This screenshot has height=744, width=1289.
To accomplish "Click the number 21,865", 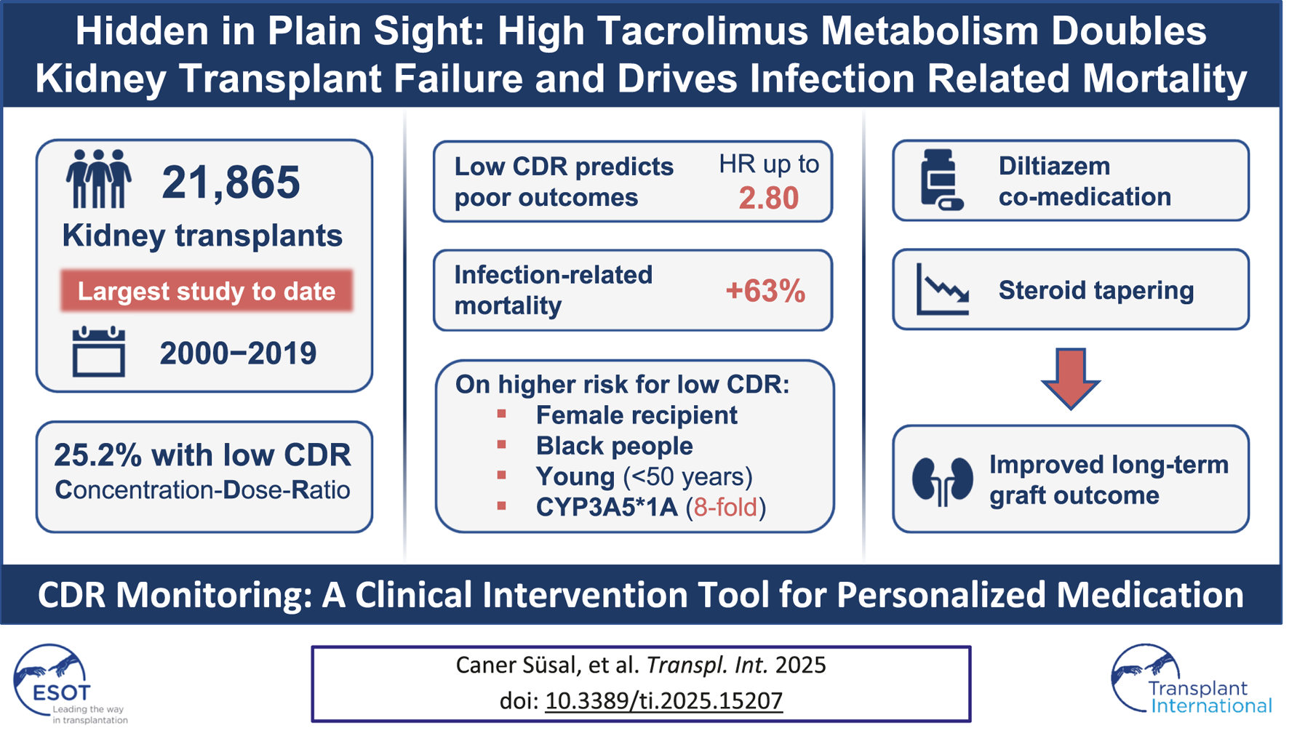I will (x=231, y=182).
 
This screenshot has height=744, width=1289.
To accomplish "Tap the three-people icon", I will (x=99, y=179).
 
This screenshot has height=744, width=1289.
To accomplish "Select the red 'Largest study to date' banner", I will (x=207, y=291).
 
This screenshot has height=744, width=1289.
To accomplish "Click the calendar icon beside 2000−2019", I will (x=99, y=352).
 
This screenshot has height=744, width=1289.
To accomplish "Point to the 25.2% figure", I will (x=97, y=455).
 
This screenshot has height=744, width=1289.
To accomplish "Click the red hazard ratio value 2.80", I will (x=768, y=198).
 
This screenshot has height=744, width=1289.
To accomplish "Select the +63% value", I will (x=765, y=291).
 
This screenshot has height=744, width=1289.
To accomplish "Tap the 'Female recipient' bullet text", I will (x=636, y=415).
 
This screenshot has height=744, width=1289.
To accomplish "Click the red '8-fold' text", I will (x=725, y=507).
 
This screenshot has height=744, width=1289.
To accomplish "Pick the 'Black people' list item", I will (x=614, y=446).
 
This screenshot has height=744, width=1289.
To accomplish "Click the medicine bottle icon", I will (x=941, y=180).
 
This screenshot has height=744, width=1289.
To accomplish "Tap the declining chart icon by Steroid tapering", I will (x=943, y=289).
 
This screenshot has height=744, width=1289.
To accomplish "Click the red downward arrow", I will (x=1070, y=378).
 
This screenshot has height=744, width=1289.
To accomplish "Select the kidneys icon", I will (x=942, y=481).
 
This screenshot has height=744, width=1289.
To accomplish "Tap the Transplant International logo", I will (x=1189, y=681).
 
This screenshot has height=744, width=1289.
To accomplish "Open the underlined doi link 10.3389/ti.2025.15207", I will (x=663, y=700).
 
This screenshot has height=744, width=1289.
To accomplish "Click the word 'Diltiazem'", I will (x=1054, y=166).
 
